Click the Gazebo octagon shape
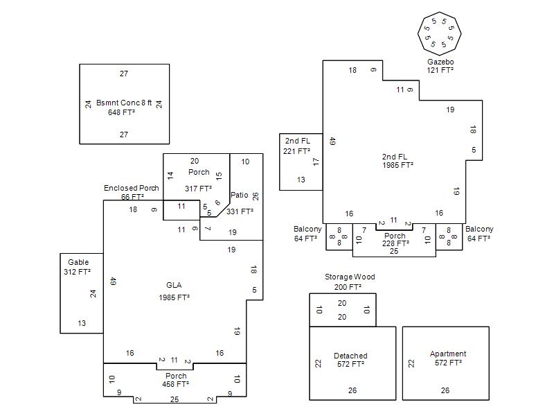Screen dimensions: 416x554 (439, 33)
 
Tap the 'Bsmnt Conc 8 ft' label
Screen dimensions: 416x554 (124, 103)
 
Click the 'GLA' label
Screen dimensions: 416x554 (174, 285)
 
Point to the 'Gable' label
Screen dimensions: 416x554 (78, 262)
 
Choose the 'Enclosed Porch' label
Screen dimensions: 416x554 (131, 188)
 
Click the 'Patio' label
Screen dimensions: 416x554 (239, 195)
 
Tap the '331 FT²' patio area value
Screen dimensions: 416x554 (240, 211)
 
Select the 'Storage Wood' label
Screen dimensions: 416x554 (350, 277)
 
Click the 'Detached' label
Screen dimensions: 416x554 (350, 356)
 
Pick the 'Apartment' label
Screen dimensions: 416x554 (448, 354)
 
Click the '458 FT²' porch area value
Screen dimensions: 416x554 (176, 383)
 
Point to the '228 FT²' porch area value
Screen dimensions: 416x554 (395, 243)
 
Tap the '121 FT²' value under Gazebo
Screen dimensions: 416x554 (440, 70)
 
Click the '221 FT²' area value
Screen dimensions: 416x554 (296, 150)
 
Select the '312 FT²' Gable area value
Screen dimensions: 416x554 (77, 272)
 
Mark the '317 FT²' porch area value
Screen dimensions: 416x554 (198, 189)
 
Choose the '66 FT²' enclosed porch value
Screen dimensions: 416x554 (132, 197)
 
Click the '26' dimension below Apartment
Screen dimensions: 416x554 (445, 390)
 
